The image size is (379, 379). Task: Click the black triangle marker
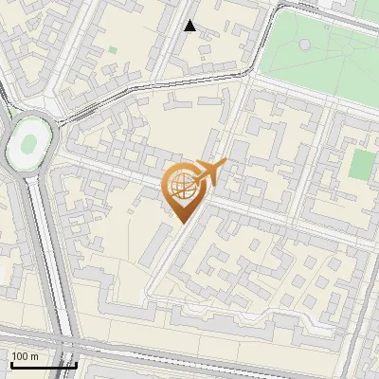coord(190,26)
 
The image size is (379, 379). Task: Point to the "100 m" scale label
coord(25,355)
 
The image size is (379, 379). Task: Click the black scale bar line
coord(43,364)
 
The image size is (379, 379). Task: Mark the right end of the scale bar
coord(76,364)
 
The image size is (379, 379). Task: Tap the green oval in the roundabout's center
coord(28,144)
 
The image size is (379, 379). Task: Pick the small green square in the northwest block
coord(114,49)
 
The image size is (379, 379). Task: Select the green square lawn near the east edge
coord(361,163)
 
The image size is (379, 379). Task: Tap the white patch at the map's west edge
coord(5,275)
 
